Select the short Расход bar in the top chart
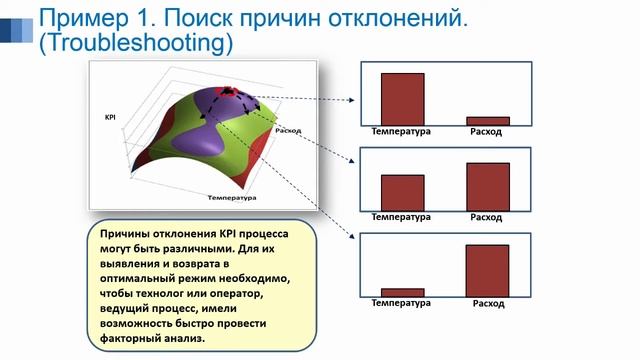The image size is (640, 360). [487, 120]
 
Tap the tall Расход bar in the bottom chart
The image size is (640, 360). [487, 270]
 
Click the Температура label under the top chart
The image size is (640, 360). [401, 132]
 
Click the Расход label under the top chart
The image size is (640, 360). [486, 132]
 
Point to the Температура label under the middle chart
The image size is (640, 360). [401, 217]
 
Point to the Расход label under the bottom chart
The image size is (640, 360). [489, 303]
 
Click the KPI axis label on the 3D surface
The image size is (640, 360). [110, 117]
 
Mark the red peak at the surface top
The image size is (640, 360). [229, 91]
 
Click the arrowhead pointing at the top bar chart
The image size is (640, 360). [355, 100]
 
